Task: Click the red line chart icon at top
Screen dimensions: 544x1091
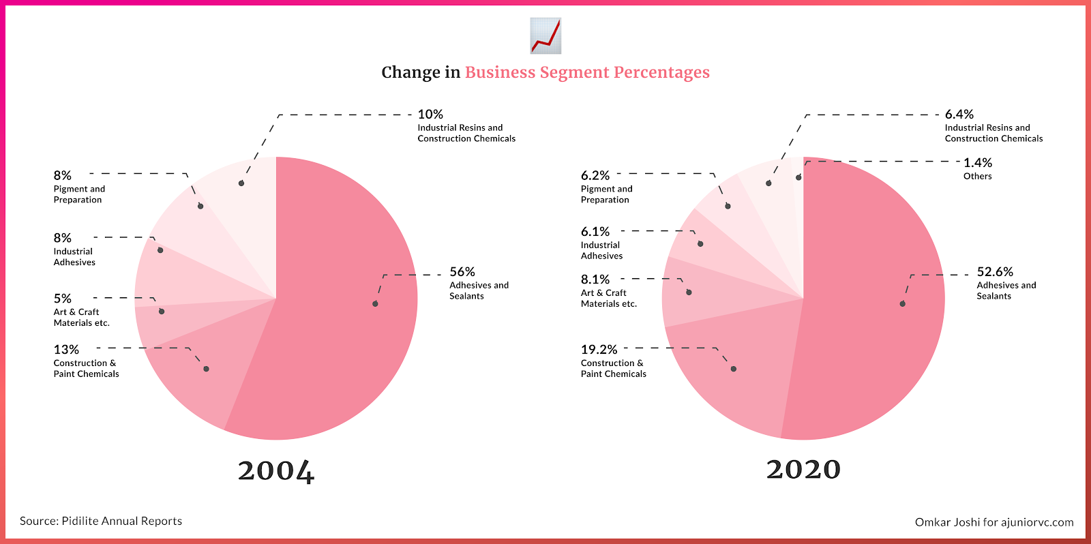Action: (545, 36)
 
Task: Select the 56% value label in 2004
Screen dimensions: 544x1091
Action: (462, 272)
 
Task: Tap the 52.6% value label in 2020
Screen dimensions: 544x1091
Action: (995, 272)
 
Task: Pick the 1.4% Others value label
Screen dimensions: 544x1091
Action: (977, 163)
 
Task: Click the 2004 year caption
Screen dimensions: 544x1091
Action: (276, 470)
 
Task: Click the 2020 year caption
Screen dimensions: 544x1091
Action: (803, 469)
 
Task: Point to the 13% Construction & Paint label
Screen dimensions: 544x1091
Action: (66, 350)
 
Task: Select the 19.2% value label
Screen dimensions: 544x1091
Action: (599, 350)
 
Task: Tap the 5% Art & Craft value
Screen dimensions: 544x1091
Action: (62, 299)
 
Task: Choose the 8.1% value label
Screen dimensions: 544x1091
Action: (595, 279)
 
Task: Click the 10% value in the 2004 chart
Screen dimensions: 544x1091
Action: (430, 115)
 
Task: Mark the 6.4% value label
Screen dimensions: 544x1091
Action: (959, 115)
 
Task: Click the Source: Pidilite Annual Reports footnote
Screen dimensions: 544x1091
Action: (101, 521)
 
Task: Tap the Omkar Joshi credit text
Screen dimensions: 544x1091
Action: (993, 522)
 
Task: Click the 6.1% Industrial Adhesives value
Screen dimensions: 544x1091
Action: (595, 232)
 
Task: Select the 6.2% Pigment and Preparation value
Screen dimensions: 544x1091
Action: (595, 176)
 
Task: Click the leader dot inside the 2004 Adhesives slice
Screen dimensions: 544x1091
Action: (375, 303)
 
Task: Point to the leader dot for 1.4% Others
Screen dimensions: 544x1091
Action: (798, 177)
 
